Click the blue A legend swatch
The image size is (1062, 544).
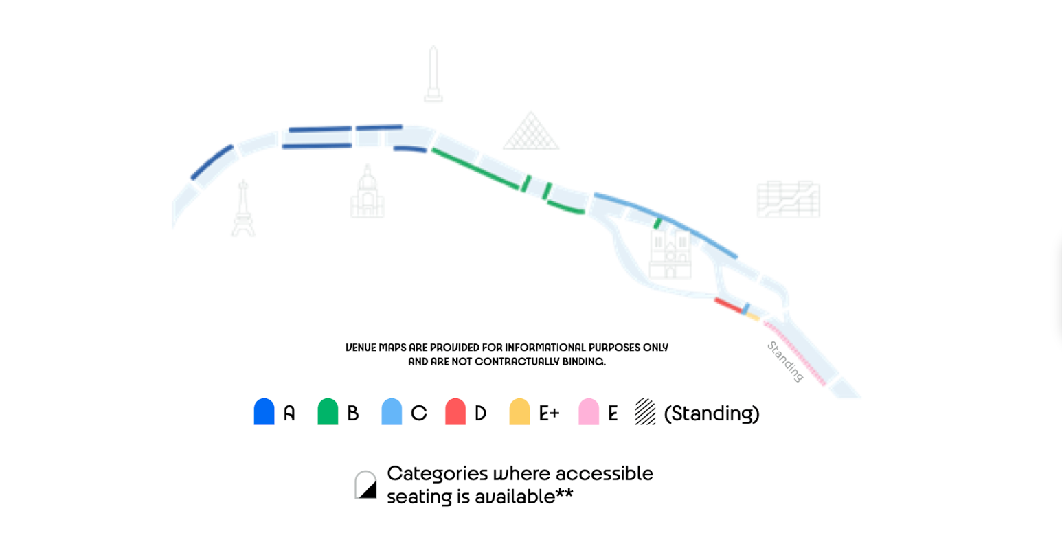pos(264,412)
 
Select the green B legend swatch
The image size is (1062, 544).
pos(328,412)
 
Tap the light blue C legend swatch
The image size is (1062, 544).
pos(392,412)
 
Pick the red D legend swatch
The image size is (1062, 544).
pos(455,412)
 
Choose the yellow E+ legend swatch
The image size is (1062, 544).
pos(519,412)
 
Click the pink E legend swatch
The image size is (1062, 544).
pos(589,412)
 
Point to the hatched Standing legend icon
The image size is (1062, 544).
pos(645,412)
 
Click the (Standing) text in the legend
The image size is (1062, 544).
pos(712,413)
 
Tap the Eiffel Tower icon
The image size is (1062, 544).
pos(243,209)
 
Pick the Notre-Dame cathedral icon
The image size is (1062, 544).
pos(670,253)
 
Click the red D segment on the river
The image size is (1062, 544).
pos(728,306)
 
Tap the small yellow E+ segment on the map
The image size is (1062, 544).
pos(754,317)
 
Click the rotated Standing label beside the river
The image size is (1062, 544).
pos(784,361)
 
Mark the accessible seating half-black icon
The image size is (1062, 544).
pos(365,485)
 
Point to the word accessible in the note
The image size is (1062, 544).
pos(604,474)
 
